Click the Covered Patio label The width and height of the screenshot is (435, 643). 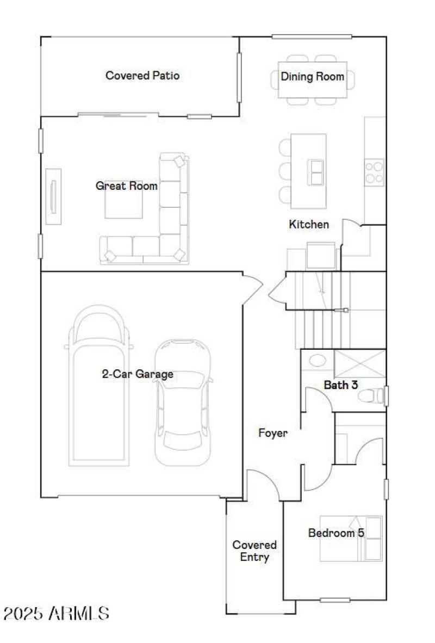[142, 76]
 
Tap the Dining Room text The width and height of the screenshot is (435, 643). [312, 77]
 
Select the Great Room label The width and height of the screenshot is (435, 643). [127, 186]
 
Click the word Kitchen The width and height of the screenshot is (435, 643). [308, 224]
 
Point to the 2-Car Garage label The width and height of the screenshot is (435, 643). [138, 374]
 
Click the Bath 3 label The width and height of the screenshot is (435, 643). [341, 385]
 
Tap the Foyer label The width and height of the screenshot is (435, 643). [272, 434]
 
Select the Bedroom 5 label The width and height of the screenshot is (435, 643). [335, 533]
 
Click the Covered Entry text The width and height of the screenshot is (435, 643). [254, 551]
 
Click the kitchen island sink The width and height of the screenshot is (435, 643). [316, 172]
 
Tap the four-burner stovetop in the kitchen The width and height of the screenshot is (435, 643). [374, 171]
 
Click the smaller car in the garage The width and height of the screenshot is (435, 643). [182, 403]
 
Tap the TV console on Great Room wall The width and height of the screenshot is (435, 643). [53, 196]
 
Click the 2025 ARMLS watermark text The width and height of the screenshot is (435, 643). [56, 614]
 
